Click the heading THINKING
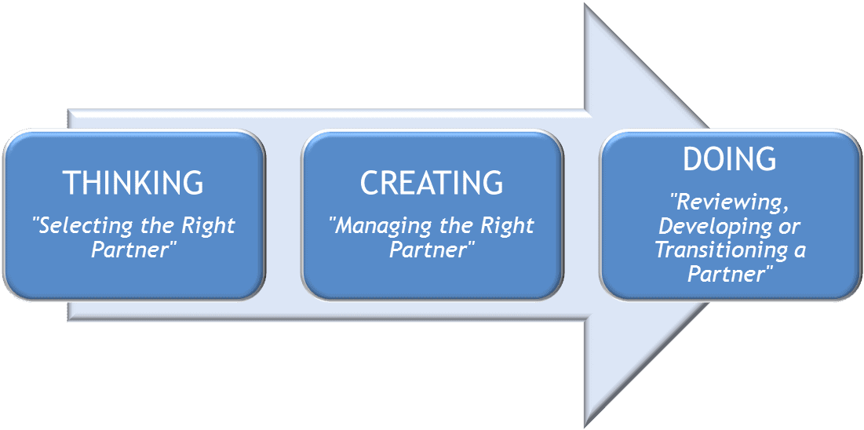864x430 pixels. (133, 183)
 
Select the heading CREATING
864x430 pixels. (432, 183)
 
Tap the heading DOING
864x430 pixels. (729, 159)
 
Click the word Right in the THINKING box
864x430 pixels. (208, 227)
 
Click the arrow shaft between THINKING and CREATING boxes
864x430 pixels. (283, 215)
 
